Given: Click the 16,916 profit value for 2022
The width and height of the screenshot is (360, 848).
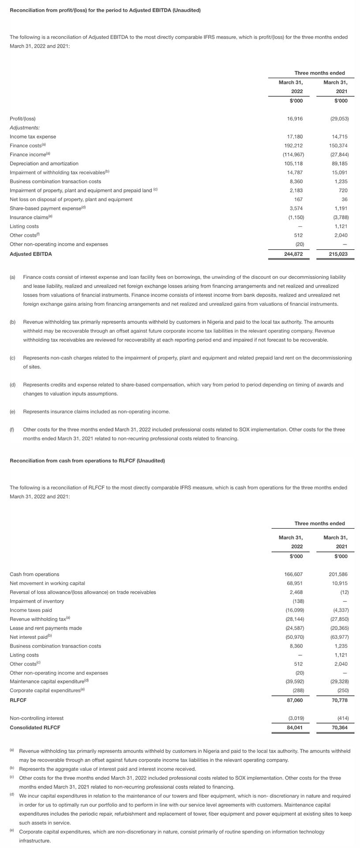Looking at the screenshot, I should pos(295,119).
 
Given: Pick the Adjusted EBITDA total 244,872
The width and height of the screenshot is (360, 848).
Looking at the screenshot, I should pos(293,254).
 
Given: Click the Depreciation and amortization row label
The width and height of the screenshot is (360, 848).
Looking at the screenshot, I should pos(44,164).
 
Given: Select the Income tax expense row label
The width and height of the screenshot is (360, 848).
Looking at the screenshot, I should pos(33,137).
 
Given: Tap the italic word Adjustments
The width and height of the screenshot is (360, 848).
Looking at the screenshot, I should pos(24,128).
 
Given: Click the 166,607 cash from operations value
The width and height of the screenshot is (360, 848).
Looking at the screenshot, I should pos(293,574).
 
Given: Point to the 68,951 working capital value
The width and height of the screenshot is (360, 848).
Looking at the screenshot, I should pos(295,583).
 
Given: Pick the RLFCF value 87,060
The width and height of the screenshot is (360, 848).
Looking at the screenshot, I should pos(295,700).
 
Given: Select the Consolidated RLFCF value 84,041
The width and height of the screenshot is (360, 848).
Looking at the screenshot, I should pos(295,728).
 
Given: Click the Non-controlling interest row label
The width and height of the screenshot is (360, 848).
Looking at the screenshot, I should pos(37,718).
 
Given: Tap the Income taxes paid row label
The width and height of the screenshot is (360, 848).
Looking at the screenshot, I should pos(30,610).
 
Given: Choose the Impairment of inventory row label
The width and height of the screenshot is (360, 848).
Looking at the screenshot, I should pos(37,601).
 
